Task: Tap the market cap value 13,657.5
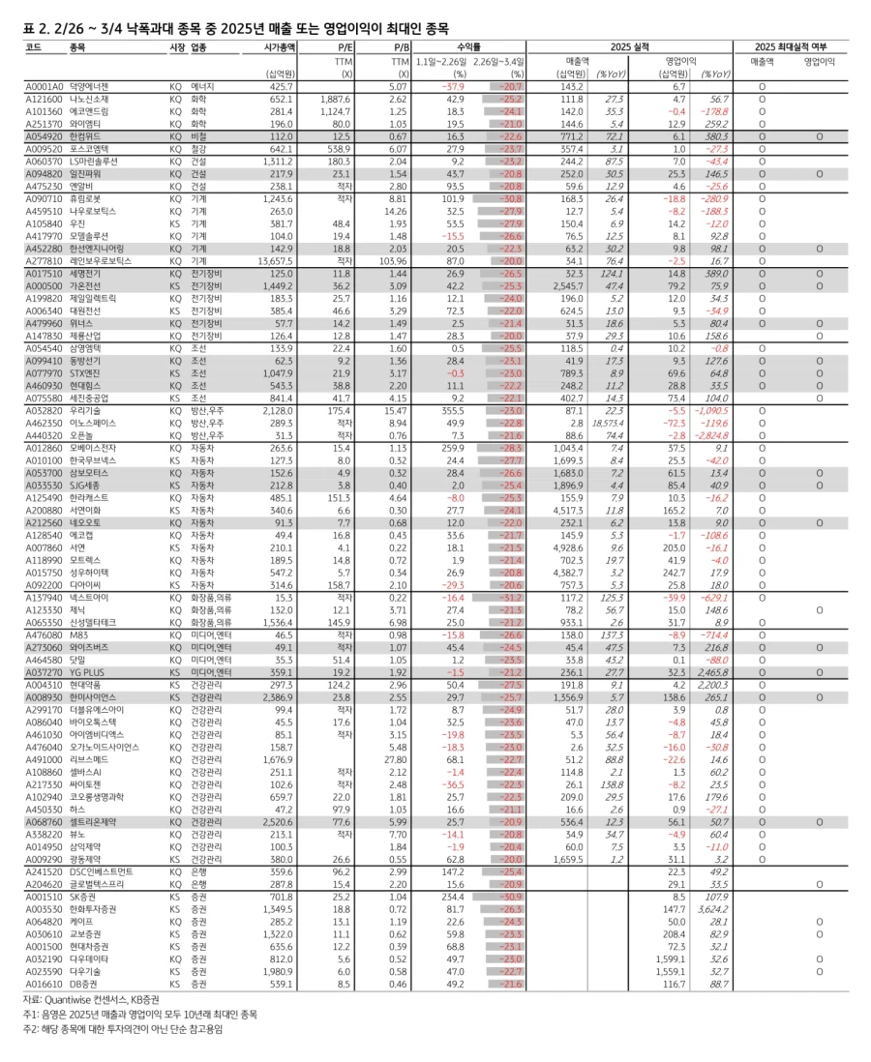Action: tap(274, 261)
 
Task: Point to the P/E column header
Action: tap(345, 46)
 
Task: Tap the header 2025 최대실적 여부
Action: tap(791, 46)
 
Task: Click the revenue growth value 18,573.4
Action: tap(608, 422)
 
